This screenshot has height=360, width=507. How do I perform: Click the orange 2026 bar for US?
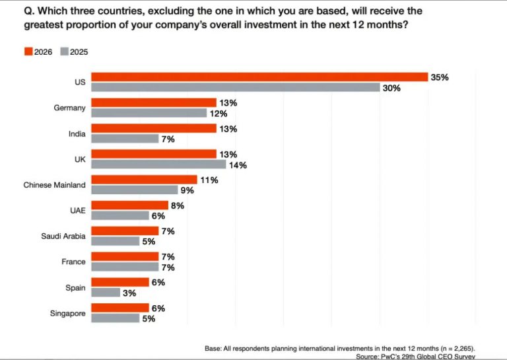tap(259, 77)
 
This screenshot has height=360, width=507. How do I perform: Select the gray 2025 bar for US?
tap(235, 88)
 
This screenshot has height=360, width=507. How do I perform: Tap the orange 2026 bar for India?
tap(153, 129)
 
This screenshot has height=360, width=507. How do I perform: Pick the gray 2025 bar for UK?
tap(158, 164)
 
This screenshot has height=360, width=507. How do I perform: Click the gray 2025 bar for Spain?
tap(106, 293)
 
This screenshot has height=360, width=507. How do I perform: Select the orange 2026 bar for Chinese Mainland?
tap(144, 180)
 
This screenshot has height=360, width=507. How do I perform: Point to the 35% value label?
tap(440, 77)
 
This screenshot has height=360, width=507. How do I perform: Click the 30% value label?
tap(391, 88)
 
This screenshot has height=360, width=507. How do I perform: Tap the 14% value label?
tap(238, 165)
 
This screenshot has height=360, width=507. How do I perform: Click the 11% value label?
tap(209, 180)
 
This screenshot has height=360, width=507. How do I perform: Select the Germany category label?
tap(69, 108)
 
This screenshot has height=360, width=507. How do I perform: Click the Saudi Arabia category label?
tap(61, 236)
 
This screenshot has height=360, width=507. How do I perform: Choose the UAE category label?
tap(77, 210)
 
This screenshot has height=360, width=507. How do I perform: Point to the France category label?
tap(73, 262)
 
